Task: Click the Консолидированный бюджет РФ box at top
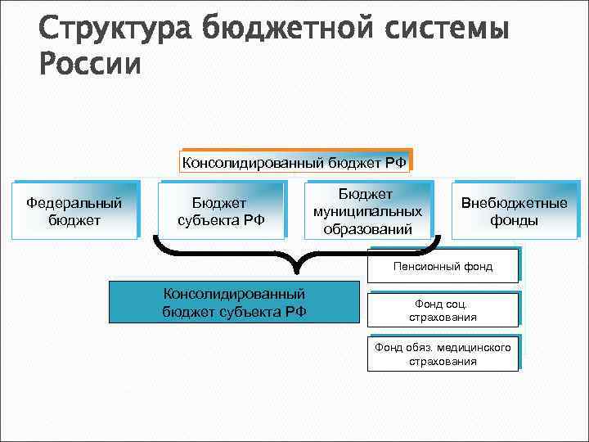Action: click(294, 162)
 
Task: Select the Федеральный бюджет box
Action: click(74, 210)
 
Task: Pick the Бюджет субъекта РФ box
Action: click(221, 210)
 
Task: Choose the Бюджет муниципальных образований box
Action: click(367, 210)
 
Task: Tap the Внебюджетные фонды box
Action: click(514, 210)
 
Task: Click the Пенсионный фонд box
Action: click(443, 267)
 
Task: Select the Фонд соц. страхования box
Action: click(443, 310)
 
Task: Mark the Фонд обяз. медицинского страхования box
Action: click(443, 354)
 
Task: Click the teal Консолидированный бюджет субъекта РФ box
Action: click(235, 301)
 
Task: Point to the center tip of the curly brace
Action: click(299, 271)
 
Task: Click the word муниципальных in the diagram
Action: click(367, 211)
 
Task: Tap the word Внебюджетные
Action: click(514, 202)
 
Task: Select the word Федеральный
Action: click(74, 202)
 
